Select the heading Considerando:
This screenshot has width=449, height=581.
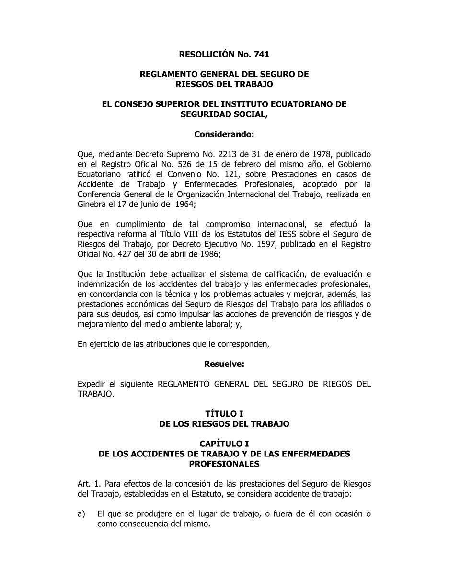point(224,135)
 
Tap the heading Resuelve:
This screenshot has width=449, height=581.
point(224,364)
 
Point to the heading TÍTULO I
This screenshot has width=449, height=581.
point(224,413)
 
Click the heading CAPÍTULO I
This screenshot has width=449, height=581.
point(224,444)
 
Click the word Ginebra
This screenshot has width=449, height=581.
point(91,204)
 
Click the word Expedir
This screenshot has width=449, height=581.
point(91,384)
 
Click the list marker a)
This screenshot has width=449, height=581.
point(81,514)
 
